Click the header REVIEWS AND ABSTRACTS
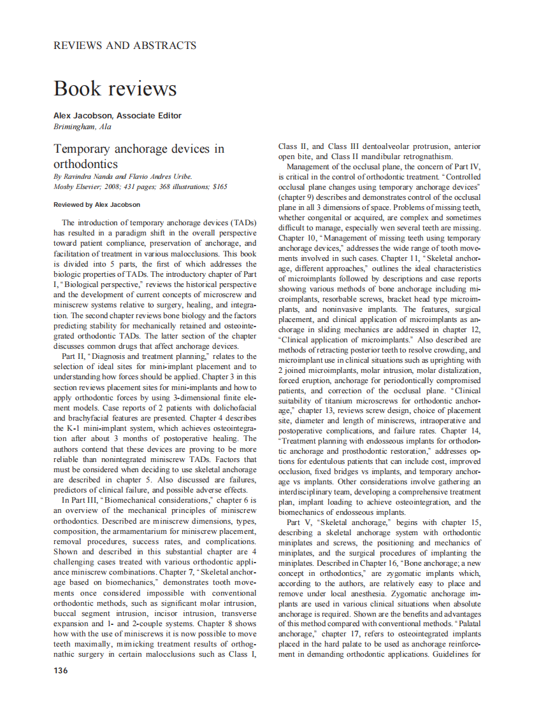(125, 46)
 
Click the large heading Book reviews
(115, 88)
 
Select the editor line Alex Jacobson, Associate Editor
(118, 116)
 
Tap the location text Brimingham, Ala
(83, 127)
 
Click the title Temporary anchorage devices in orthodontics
(138, 156)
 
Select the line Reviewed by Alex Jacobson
(97, 205)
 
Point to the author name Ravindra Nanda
(86, 177)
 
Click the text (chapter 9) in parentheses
(297, 197)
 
